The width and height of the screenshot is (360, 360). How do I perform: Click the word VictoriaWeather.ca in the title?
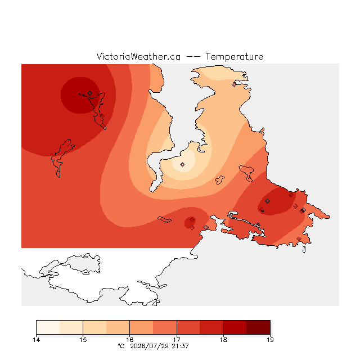pyautogui.click(x=138, y=56)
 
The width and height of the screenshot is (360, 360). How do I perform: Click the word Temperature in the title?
pyautogui.click(x=234, y=56)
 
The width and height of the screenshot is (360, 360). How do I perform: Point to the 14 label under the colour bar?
pyautogui.click(x=36, y=340)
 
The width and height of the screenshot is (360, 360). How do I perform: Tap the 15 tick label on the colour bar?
pyautogui.click(x=83, y=340)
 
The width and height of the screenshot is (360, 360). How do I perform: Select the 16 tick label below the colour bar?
pyautogui.click(x=130, y=340)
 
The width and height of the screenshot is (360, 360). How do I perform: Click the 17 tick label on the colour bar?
pyautogui.click(x=177, y=340)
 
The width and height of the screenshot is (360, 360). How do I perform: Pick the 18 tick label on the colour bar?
pyautogui.click(x=223, y=340)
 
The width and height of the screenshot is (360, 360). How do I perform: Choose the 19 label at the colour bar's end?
pyautogui.click(x=270, y=340)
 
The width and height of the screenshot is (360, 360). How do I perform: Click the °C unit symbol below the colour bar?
pyautogui.click(x=121, y=346)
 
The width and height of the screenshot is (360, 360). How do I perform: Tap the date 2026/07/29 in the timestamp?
pyautogui.click(x=149, y=346)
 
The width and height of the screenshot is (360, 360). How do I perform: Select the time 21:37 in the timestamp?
pyautogui.click(x=180, y=346)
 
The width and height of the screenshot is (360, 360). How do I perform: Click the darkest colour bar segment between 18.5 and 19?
pyautogui.click(x=258, y=327)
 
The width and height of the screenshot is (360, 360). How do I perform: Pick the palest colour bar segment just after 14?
pyautogui.click(x=48, y=327)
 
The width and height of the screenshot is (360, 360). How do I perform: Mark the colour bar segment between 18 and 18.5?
pyautogui.click(x=235, y=327)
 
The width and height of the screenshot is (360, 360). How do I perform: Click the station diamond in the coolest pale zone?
pyautogui.click(x=182, y=164)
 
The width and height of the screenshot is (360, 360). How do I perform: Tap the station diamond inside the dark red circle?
pyautogui.click(x=90, y=93)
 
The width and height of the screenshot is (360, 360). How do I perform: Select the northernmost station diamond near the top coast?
pyautogui.click(x=234, y=85)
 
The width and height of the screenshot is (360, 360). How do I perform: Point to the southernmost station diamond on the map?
pyautogui.click(x=299, y=238)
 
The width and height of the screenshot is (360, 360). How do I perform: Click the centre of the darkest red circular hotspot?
pyautogui.click(x=80, y=95)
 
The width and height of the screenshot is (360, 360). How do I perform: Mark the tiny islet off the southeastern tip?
pyautogui.click(x=304, y=250)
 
